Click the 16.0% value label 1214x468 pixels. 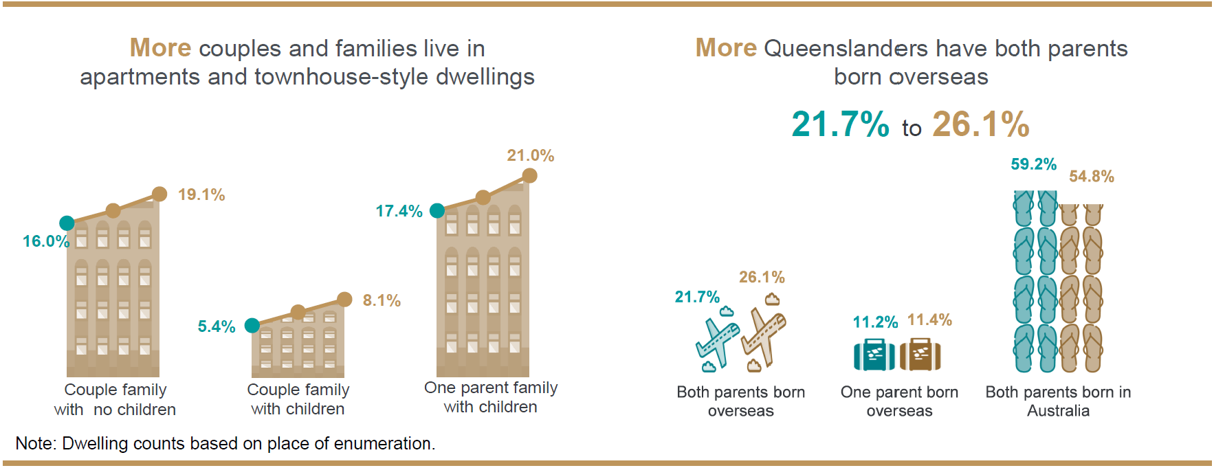[45, 241]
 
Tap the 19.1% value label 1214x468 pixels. [201, 194]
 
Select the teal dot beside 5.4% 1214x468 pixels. [252, 325]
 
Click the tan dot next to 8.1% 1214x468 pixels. [344, 299]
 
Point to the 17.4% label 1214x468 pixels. [399, 211]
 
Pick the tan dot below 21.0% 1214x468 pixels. [529, 176]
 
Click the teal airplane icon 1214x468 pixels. [716, 341]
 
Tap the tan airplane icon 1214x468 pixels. [763, 337]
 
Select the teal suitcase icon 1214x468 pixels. [874, 355]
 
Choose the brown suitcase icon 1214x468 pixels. [920, 355]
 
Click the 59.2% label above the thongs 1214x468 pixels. [1033, 164]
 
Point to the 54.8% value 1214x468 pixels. [1091, 177]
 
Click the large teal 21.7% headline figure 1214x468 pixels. [840, 124]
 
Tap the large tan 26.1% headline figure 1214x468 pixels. [980, 124]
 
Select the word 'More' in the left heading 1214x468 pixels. [160, 48]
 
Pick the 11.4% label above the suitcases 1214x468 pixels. [929, 320]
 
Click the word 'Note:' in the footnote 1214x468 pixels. [36, 443]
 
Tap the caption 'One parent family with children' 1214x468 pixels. [490, 397]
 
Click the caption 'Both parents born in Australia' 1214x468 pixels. [1058, 401]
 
